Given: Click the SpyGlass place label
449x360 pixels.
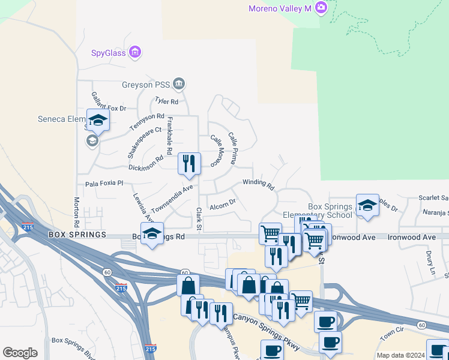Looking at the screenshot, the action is [109, 53].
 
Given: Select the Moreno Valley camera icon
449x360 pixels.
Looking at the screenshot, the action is [321, 7].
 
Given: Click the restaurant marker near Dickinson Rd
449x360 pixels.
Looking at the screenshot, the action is [189, 163].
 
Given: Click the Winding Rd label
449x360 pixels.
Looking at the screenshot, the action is [258, 182].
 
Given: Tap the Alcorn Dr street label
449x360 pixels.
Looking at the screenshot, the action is [223, 206].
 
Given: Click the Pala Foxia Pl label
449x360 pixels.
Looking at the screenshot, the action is [104, 183].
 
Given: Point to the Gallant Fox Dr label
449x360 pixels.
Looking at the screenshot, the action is [109, 101].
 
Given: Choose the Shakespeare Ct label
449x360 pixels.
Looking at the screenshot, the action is [137, 142].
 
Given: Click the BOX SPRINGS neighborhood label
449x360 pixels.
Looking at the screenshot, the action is [77, 234].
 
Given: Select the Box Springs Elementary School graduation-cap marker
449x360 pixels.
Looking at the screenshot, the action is [367, 205].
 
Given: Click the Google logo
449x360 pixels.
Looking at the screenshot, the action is [20, 353].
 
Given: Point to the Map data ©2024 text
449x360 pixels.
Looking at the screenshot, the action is [400, 355].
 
